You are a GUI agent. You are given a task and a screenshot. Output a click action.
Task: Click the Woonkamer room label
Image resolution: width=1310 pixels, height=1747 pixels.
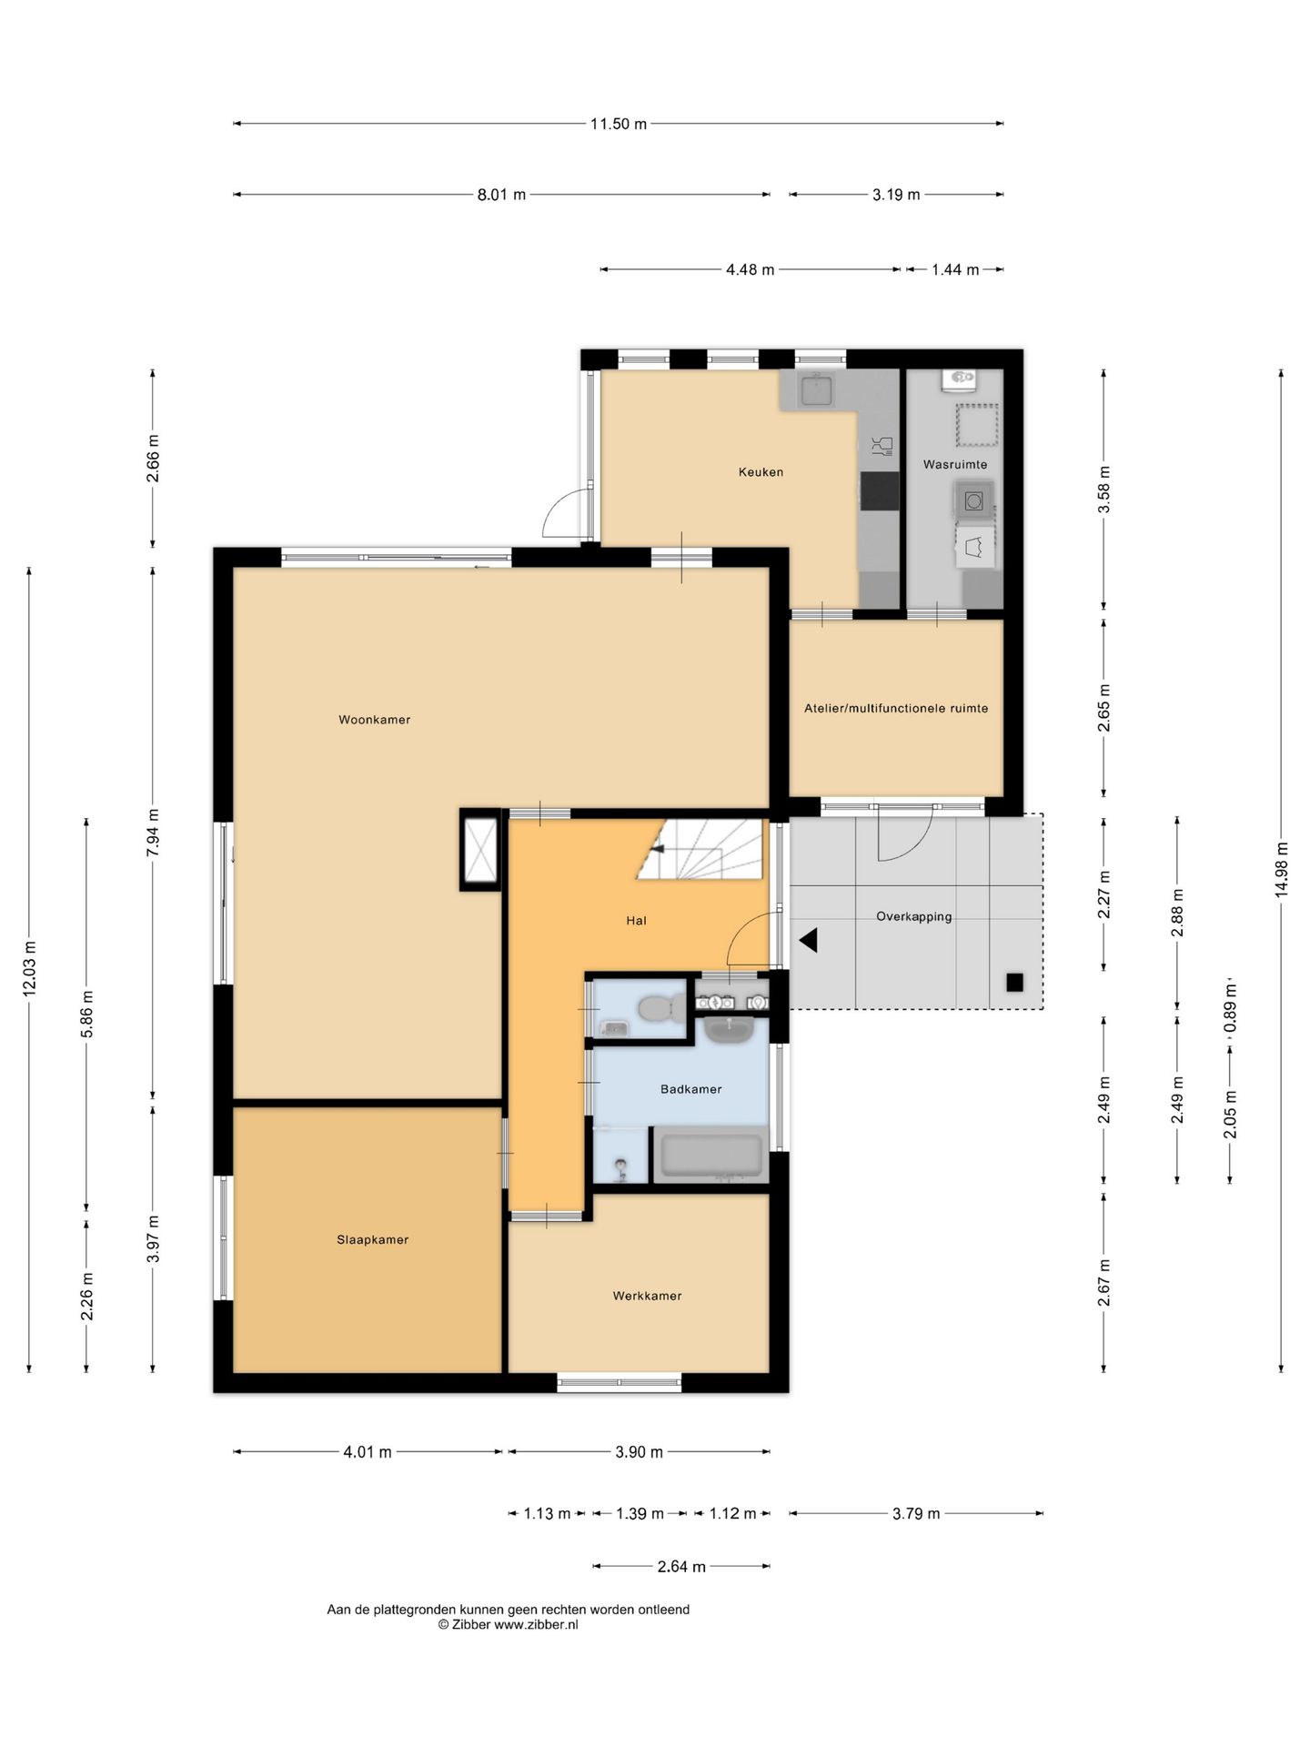pos(374,720)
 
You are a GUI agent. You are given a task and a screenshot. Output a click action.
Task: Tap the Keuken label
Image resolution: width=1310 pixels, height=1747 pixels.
pos(761,472)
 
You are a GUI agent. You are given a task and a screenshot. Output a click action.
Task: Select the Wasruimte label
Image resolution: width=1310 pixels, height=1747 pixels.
pos(955,464)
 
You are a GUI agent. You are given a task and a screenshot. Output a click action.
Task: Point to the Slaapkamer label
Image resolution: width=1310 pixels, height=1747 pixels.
pos(372,1239)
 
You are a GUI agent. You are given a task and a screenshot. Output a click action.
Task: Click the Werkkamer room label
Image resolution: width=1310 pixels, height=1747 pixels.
pos(647,1296)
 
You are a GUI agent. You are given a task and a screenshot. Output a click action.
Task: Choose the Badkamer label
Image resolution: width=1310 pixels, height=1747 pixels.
pos(690,1089)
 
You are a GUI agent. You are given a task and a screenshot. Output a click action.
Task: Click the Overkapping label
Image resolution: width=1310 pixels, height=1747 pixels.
pos(913,916)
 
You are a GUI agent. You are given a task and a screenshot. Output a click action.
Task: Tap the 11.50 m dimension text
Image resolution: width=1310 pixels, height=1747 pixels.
pos(619,124)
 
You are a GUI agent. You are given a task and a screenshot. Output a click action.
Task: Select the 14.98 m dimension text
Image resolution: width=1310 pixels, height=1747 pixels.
pos(1282,870)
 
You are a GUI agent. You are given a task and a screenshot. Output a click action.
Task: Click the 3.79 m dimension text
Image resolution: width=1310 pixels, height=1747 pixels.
pos(915,1513)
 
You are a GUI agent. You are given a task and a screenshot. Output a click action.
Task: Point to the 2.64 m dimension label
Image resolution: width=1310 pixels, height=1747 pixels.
pos(681,1566)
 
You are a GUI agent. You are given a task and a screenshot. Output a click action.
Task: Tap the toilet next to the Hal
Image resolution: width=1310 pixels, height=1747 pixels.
pos(660,1008)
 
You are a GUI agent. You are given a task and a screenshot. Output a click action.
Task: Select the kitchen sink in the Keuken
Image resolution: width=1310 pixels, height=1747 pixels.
pos(817,390)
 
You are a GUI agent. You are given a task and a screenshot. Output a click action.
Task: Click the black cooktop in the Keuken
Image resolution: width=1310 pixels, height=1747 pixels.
pos(880,491)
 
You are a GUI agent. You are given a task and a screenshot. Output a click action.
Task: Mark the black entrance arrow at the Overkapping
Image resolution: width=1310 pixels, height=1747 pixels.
pos(808,940)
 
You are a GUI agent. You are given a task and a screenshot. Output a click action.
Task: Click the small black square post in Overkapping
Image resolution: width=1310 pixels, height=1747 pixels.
pos(1014,982)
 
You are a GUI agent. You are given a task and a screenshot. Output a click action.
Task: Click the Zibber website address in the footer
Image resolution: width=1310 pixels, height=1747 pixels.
pos(536,1624)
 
